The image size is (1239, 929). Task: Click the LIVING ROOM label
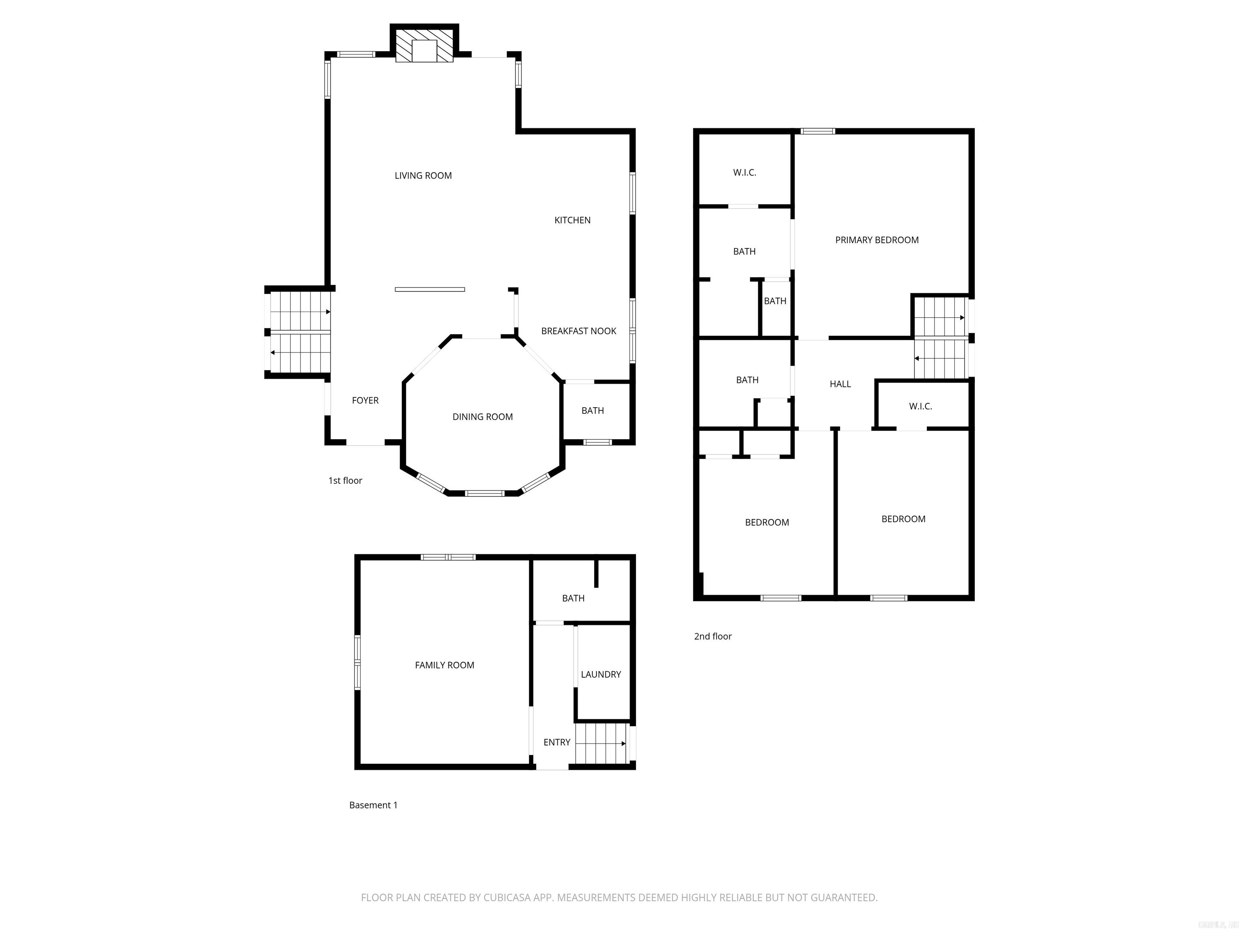(x=423, y=176)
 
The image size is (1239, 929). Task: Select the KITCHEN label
(x=572, y=221)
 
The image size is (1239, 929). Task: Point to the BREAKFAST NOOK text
(x=578, y=331)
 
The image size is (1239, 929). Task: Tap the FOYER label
(x=365, y=401)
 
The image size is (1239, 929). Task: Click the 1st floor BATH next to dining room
(x=592, y=411)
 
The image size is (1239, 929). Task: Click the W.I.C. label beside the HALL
(x=920, y=406)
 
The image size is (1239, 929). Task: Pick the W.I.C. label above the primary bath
(x=745, y=173)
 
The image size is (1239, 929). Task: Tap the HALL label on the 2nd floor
(x=840, y=384)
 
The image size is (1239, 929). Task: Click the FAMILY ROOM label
(x=444, y=665)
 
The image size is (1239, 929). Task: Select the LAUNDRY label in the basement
(x=601, y=675)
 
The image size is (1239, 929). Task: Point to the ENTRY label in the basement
(x=556, y=743)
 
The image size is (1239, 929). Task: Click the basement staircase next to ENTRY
(x=601, y=744)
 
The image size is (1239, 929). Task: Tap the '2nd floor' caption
(x=713, y=637)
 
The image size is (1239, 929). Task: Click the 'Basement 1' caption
(x=373, y=805)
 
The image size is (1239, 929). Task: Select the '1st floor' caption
(x=345, y=481)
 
